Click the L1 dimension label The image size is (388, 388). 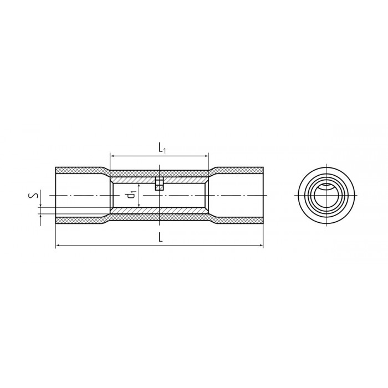(162, 148)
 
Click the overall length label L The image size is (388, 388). (161, 238)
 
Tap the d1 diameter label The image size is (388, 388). (131, 195)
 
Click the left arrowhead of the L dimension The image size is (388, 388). (58, 245)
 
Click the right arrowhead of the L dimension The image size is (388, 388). (261, 245)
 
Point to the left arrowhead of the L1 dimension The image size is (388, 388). (113, 156)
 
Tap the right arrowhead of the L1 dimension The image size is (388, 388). (206, 156)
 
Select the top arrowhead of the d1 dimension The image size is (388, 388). (140, 185)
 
